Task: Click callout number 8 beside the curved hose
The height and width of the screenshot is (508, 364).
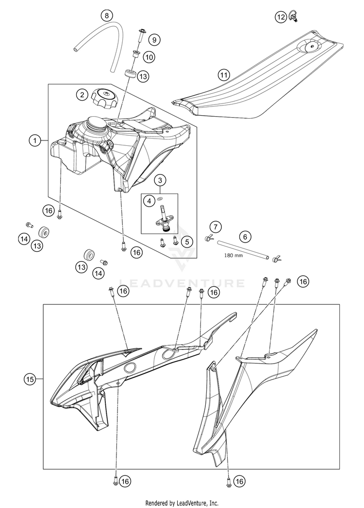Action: point(107,16)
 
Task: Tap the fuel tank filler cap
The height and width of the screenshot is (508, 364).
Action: point(105,94)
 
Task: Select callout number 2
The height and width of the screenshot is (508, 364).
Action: point(82,94)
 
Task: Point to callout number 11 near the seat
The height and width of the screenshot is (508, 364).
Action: point(223,75)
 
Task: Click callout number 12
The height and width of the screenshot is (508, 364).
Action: point(281,17)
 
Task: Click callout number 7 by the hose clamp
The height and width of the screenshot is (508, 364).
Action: point(215,226)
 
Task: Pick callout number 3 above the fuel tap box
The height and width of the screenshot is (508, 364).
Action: point(161,180)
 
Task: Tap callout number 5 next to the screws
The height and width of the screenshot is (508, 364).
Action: point(184,240)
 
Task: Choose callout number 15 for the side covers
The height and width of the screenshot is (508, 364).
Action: point(30,378)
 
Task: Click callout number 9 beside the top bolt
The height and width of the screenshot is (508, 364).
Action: point(153,39)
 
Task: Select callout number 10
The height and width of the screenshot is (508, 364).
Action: point(149,57)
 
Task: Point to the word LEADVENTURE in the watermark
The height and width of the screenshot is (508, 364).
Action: point(182,283)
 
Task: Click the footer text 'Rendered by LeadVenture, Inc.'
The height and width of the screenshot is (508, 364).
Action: point(182,503)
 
